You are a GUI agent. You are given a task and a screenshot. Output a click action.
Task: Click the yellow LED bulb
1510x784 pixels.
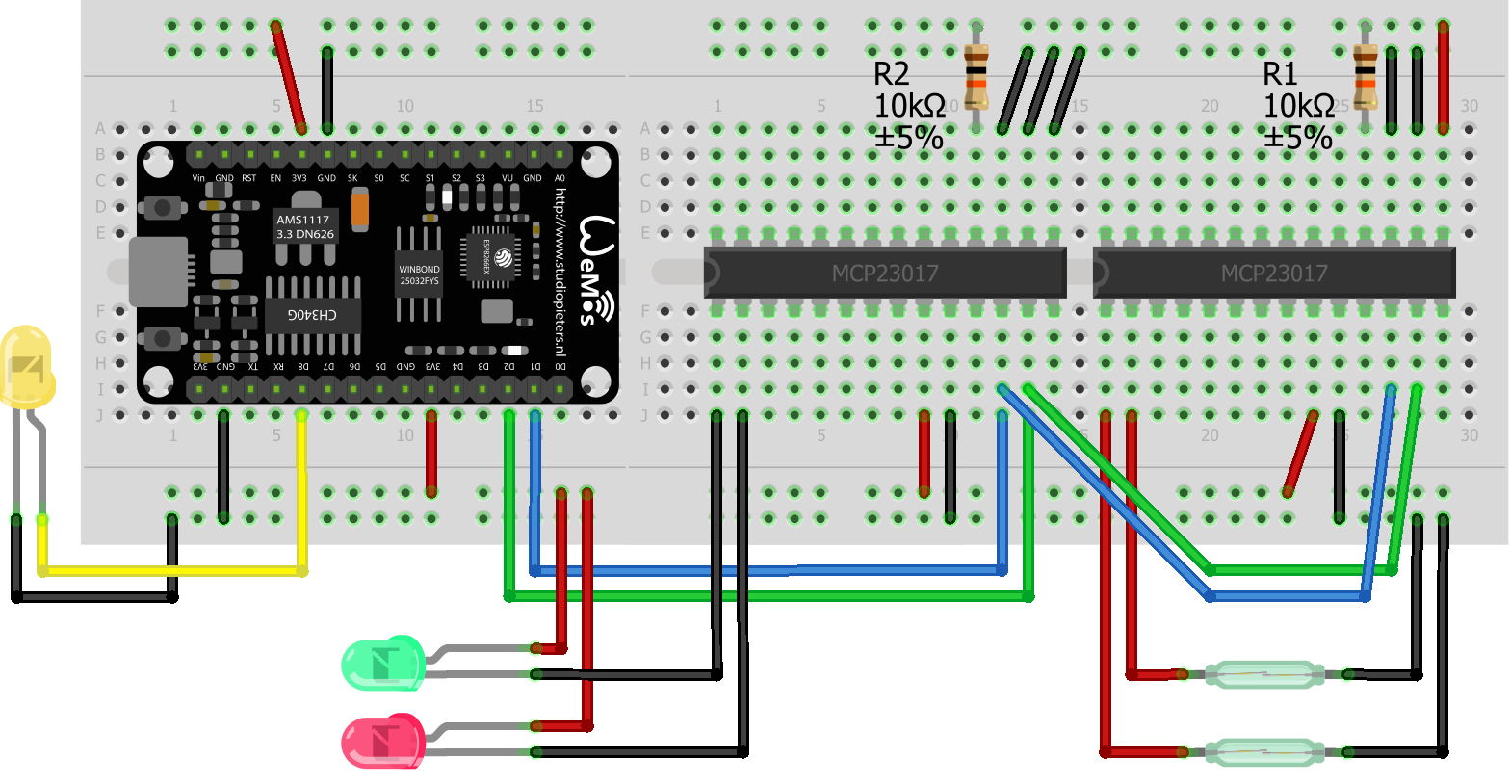click(x=26, y=367)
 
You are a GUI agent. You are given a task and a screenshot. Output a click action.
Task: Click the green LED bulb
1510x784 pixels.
click(x=382, y=663)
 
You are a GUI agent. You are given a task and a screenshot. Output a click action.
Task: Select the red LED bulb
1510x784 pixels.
click(x=382, y=741)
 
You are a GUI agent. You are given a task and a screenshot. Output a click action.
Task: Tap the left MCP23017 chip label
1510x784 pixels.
click(x=885, y=274)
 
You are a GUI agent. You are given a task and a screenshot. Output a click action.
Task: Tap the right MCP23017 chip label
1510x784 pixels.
click(x=1273, y=274)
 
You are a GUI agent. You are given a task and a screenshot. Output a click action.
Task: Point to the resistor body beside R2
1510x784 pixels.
click(x=976, y=77)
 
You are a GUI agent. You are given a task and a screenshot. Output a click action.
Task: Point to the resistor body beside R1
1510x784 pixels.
click(x=1365, y=77)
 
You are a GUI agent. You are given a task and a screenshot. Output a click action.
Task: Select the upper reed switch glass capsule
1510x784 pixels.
click(x=1264, y=674)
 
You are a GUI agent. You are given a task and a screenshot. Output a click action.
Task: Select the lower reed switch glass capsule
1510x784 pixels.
click(x=1264, y=751)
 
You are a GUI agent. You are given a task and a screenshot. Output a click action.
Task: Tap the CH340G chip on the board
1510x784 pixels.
click(x=313, y=315)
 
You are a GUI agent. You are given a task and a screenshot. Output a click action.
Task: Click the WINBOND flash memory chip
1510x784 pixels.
click(x=419, y=275)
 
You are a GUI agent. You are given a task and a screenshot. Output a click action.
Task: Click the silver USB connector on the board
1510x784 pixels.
click(x=158, y=272)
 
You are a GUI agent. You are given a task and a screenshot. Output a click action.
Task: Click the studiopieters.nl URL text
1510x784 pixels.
click(x=560, y=279)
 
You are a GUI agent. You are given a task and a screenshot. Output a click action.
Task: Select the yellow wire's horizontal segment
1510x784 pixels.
click(x=173, y=571)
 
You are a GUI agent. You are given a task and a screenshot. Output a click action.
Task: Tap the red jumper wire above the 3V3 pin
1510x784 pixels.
click(x=288, y=77)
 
